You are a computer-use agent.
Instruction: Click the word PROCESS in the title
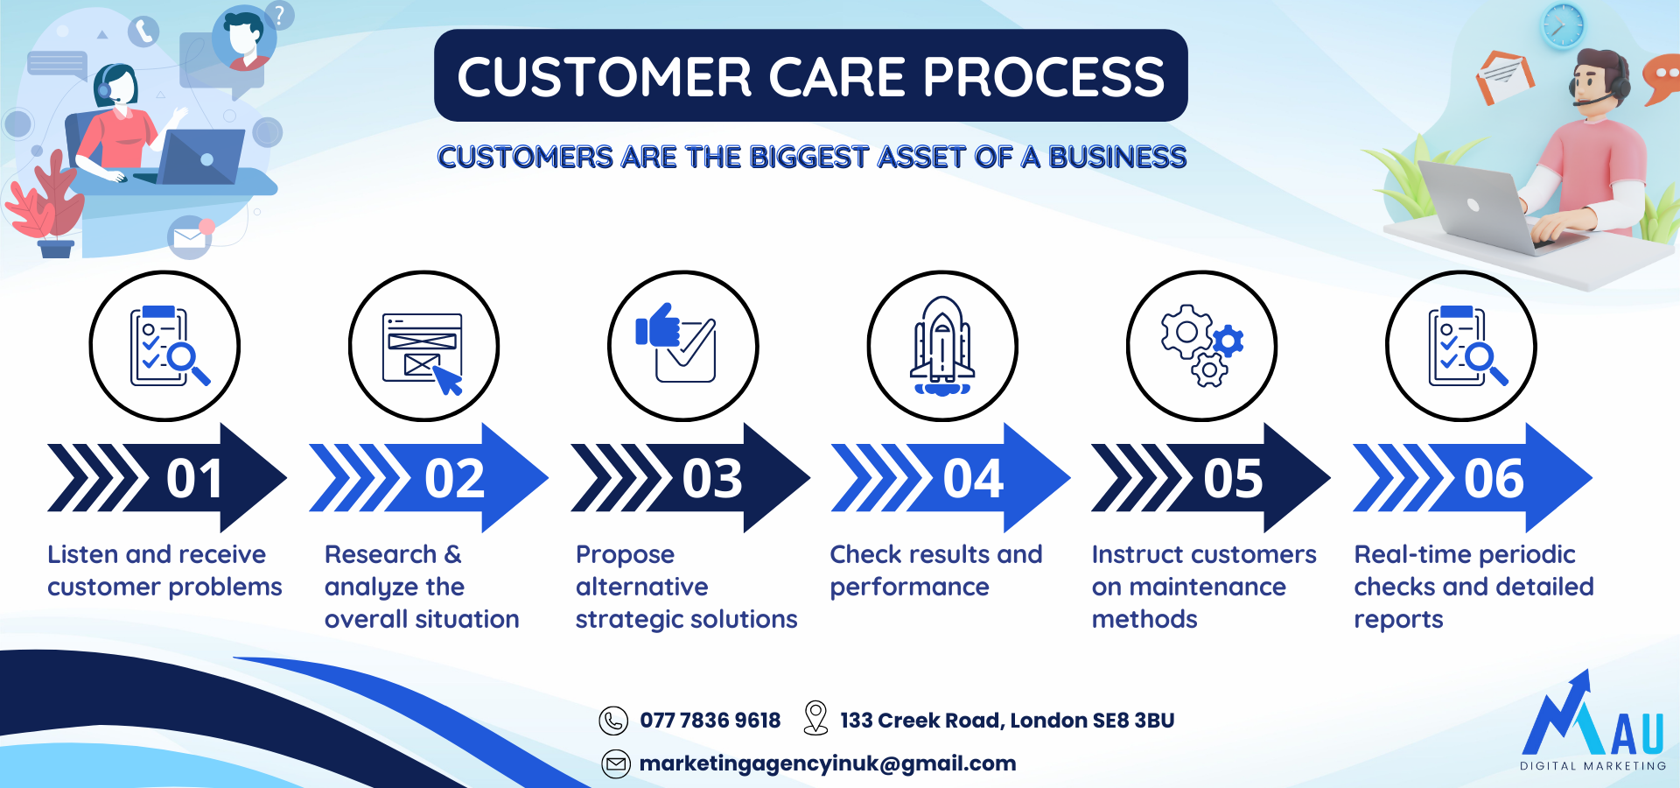[x=1043, y=77]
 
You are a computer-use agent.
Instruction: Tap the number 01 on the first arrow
[x=194, y=479]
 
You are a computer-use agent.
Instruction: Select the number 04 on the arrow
[x=973, y=479]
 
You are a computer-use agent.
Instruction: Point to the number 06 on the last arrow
[x=1494, y=479]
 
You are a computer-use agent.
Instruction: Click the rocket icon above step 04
[x=942, y=347]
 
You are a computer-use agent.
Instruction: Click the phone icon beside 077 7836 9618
[x=613, y=721]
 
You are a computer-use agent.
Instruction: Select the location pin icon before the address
[x=815, y=718]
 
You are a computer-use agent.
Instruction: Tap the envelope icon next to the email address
[x=616, y=764]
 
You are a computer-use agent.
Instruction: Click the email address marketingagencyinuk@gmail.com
[x=828, y=763]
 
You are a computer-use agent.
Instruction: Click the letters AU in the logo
[x=1636, y=734]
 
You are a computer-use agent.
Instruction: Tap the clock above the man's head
[x=1563, y=25]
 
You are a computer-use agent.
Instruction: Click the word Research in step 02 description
[x=381, y=554]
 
